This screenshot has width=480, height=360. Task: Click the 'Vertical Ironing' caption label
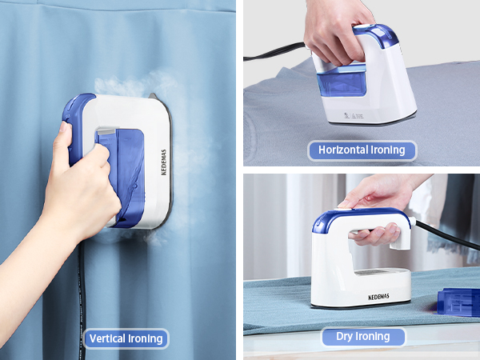pyautogui.click(x=126, y=338)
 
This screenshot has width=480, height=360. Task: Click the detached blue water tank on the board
pyautogui.click(x=458, y=300)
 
